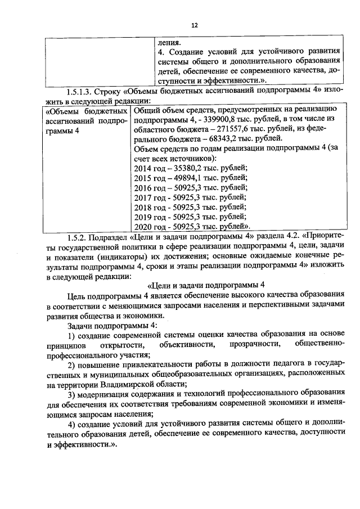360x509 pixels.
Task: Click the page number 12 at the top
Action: (195, 25)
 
